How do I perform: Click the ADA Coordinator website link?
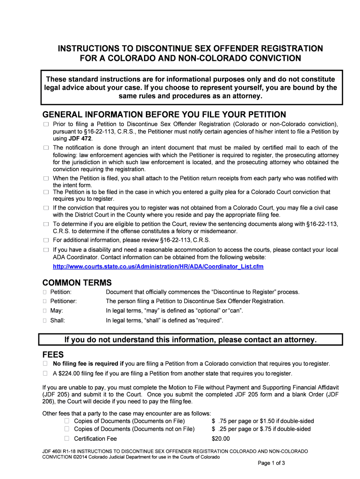(158, 267)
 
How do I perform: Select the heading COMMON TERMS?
(77, 283)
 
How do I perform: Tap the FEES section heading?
(53, 355)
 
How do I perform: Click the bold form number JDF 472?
(81, 139)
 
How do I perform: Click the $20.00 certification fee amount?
(221, 438)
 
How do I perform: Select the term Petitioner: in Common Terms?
(64, 301)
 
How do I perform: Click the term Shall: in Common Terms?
(58, 320)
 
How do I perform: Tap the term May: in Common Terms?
(57, 311)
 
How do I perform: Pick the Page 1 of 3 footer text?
(272, 463)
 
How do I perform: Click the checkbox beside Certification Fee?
(66, 438)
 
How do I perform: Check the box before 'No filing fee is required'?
(45, 363)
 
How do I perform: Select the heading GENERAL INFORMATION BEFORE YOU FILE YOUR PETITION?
(164, 115)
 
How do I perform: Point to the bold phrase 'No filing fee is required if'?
(88, 363)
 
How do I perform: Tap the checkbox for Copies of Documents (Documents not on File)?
(66, 428)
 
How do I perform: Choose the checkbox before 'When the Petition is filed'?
(46, 178)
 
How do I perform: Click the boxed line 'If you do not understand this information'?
(190, 339)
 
